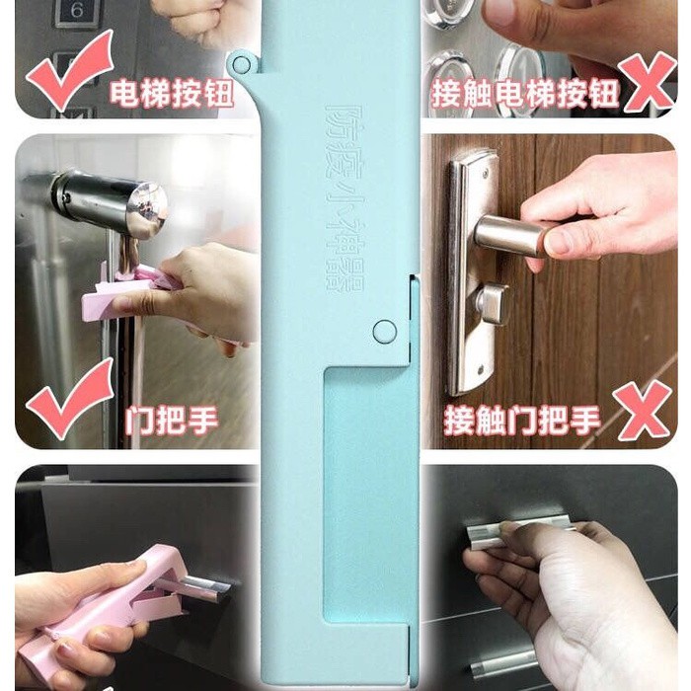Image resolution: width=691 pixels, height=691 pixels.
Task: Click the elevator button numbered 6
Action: tap(77, 12)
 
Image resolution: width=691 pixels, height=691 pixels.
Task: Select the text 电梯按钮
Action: tap(172, 94)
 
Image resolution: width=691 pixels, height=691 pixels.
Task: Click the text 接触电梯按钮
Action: tap(525, 94)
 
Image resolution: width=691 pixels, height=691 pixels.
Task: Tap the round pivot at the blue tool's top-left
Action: tap(241, 64)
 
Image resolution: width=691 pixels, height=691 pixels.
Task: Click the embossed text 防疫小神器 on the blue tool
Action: tap(344, 199)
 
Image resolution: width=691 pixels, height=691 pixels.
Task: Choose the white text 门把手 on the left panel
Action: tap(171, 420)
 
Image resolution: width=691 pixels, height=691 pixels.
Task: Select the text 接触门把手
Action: tap(522, 420)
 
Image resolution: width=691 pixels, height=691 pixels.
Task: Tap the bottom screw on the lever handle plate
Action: tap(482, 367)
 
